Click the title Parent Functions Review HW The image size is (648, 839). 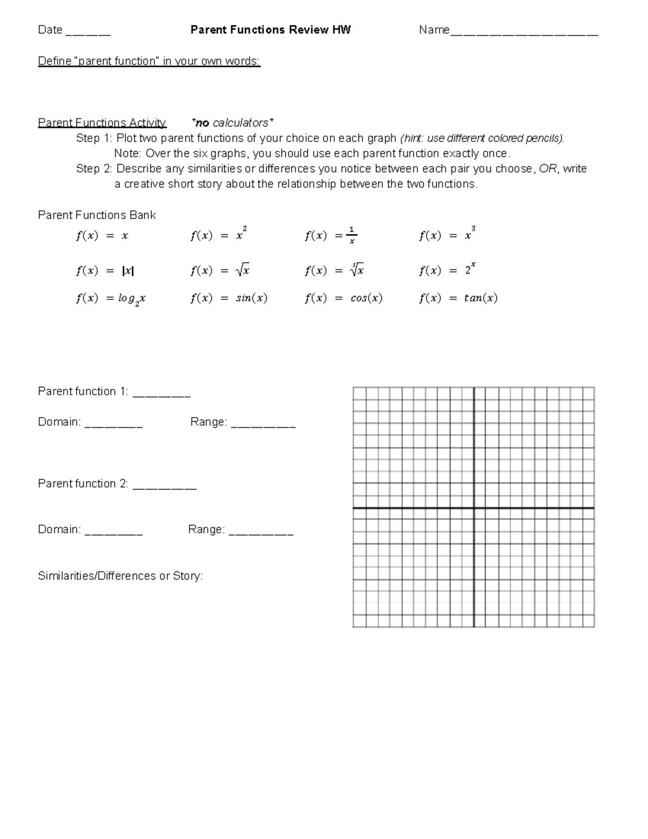[x=271, y=30]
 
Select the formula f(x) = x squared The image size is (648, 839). [x=218, y=236]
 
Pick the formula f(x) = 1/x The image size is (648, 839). [x=331, y=236]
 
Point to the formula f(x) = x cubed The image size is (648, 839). [x=447, y=236]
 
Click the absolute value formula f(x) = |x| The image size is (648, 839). [x=105, y=271]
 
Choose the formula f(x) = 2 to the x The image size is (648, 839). [x=447, y=270]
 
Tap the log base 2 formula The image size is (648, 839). [x=111, y=299]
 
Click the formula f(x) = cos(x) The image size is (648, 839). [x=343, y=298]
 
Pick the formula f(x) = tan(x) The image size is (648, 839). [x=458, y=298]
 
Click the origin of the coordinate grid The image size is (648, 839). [x=474, y=508]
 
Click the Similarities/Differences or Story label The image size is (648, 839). [x=120, y=576]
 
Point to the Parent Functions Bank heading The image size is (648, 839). [x=97, y=215]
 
